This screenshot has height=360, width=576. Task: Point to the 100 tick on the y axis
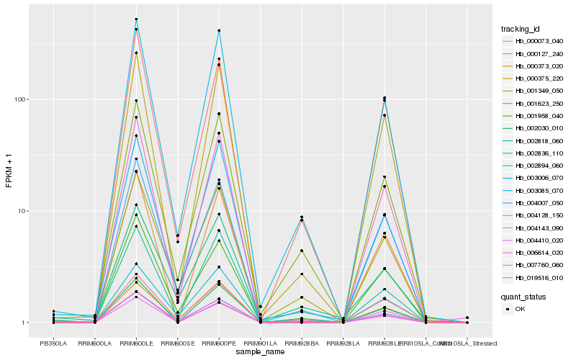point(24,99)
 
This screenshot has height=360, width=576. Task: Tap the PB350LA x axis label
point(53,343)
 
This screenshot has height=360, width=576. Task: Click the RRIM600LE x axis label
point(136,343)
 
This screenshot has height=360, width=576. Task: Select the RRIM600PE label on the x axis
point(219,343)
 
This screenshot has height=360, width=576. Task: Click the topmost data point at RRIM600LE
point(136,19)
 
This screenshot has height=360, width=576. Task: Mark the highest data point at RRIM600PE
point(219,30)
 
